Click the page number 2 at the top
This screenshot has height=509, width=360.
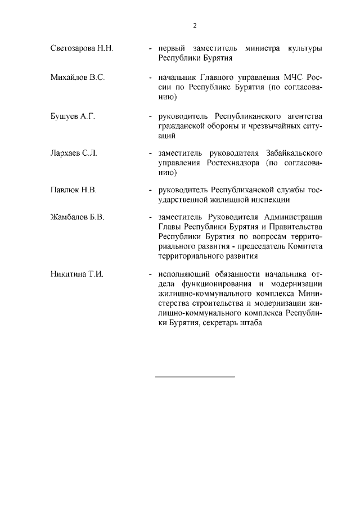tap(195, 25)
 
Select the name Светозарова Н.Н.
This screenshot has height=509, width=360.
tap(82, 48)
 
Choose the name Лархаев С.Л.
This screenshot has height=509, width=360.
tap(74, 154)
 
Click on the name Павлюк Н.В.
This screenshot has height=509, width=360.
tap(74, 190)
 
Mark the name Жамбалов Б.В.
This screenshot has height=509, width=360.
tap(78, 218)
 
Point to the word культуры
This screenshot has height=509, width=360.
tap(303, 48)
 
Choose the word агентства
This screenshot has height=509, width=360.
tap(302, 116)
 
